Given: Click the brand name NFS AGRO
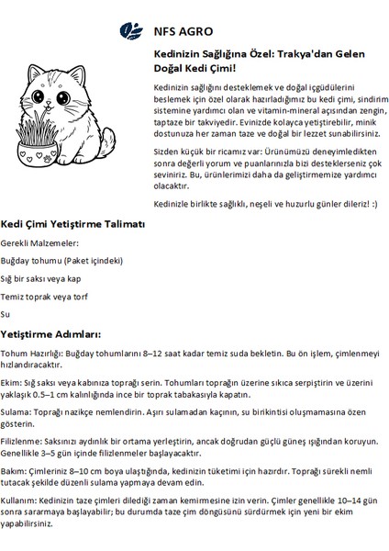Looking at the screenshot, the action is tap(171, 32).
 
